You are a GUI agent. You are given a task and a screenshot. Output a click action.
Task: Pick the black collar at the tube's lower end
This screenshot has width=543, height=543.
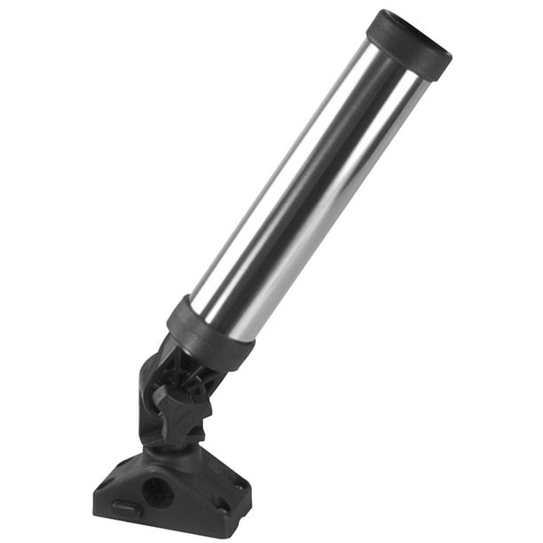click(x=211, y=333)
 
